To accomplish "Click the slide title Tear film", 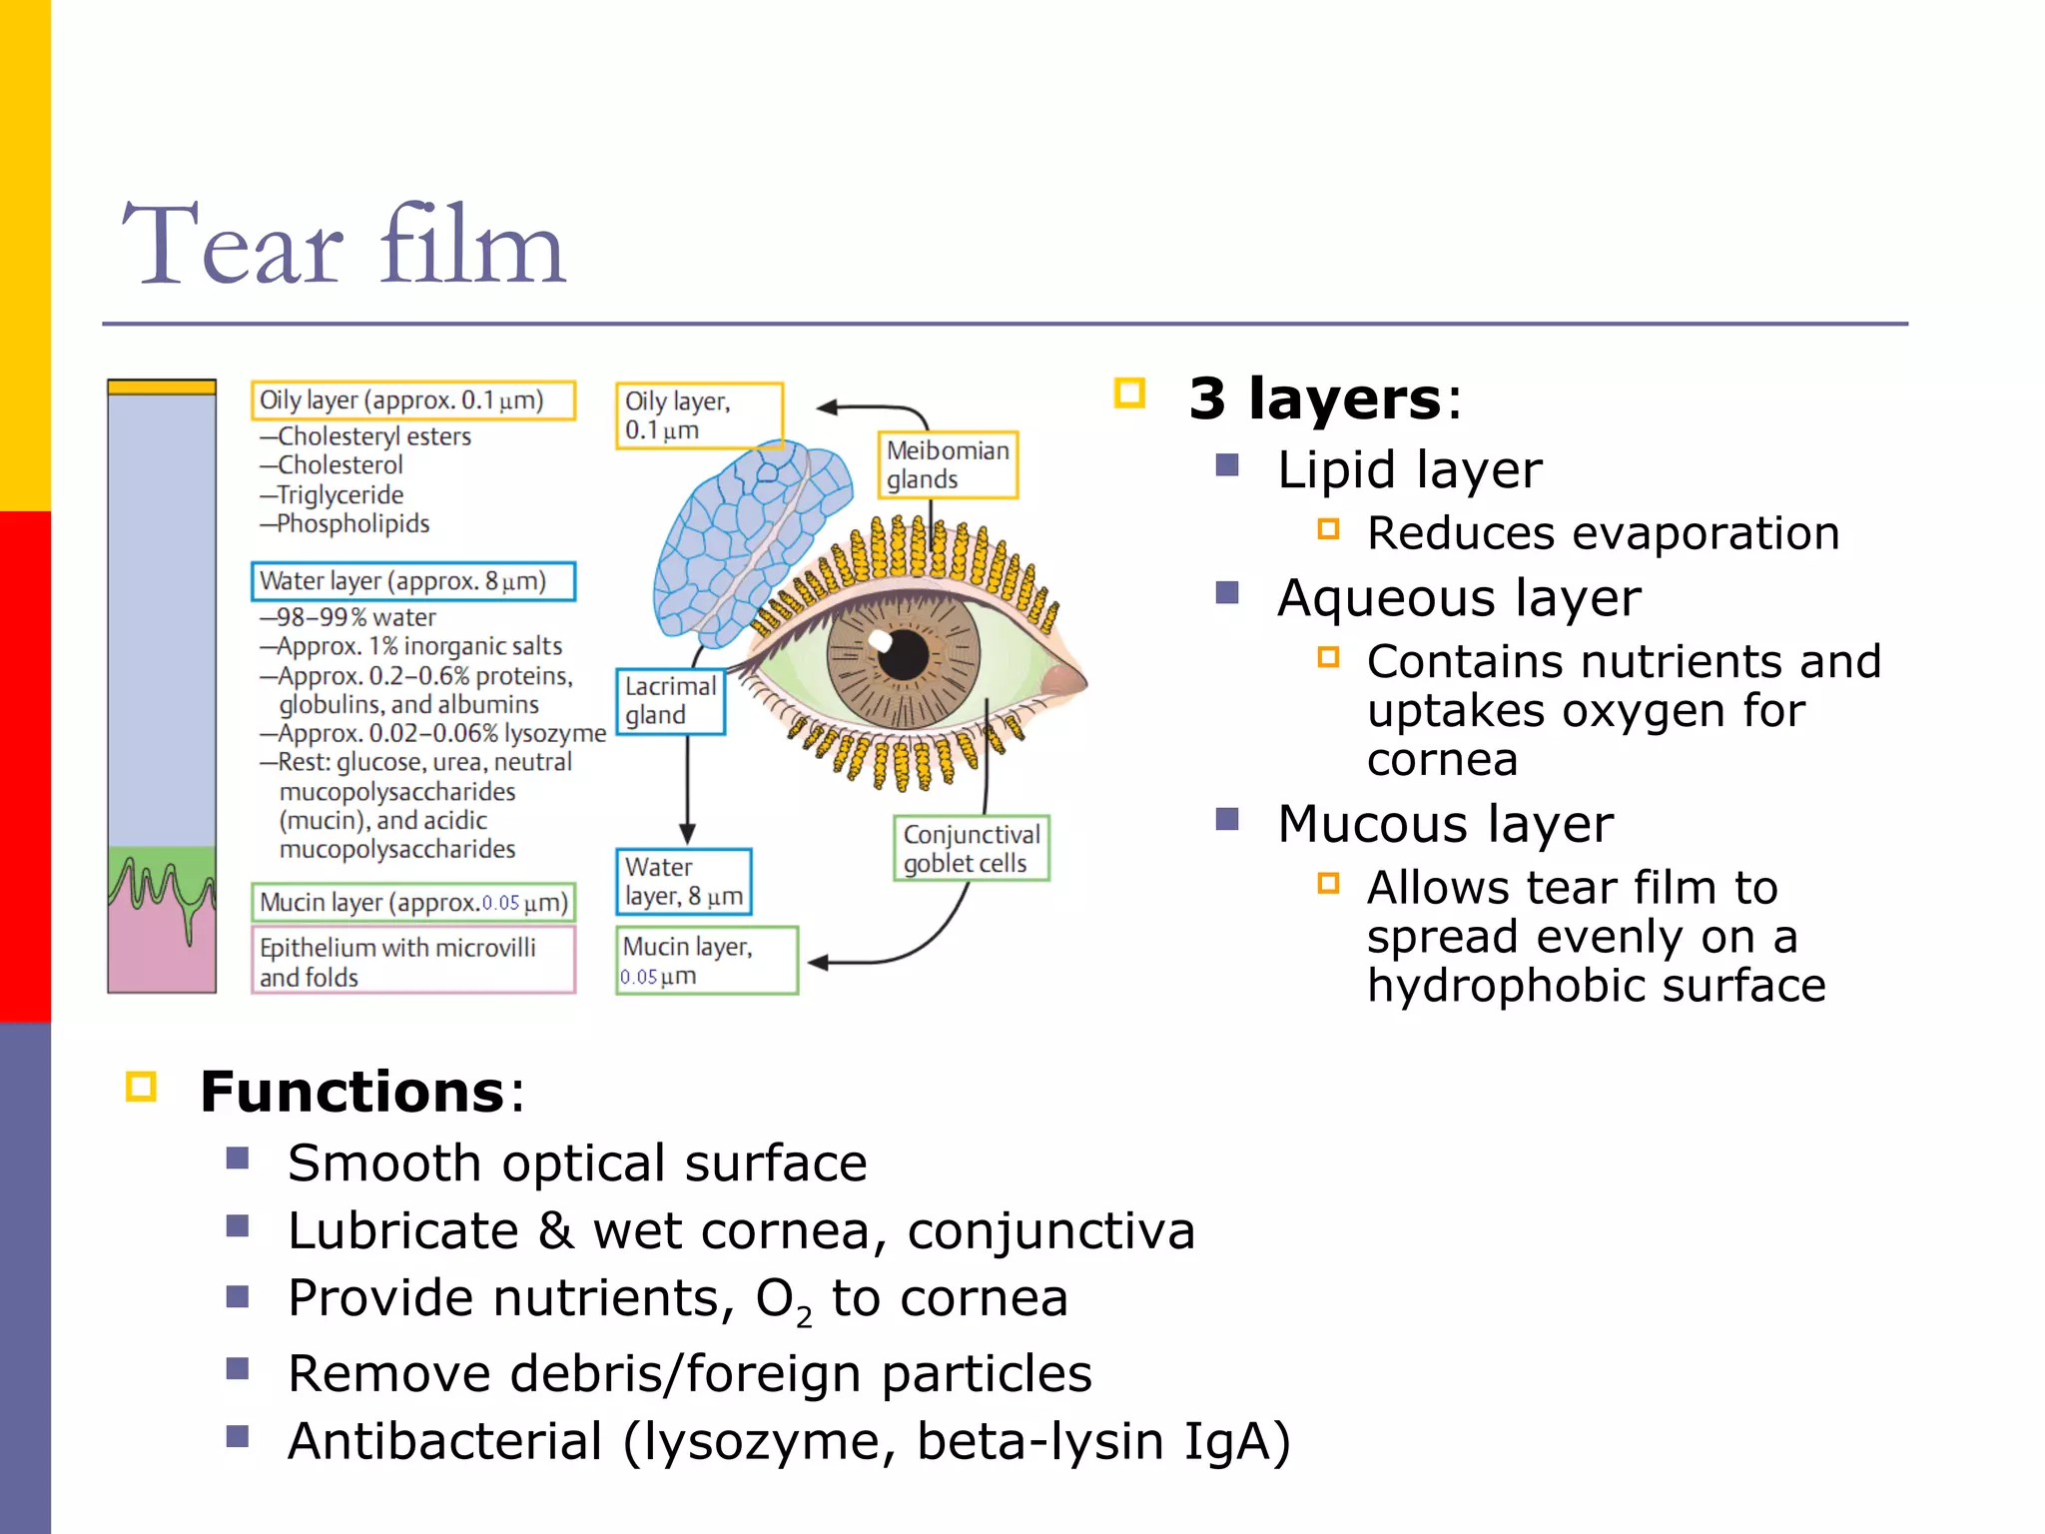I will point(343,246).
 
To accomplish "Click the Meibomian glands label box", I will point(947,464).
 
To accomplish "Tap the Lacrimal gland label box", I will point(670,701).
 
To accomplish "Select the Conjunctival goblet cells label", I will point(971,848).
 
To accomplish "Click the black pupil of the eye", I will point(905,654).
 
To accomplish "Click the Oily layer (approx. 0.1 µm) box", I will point(412,400).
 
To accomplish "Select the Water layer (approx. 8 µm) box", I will point(412,581).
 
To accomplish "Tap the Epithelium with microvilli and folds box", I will point(412,961).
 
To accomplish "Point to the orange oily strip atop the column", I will point(162,387).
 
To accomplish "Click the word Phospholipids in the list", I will point(353,523).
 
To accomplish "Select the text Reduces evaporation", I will point(1602,533).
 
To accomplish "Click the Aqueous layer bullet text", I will point(1458,598).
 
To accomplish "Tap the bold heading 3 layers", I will point(1314,398).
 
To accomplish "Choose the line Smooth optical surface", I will point(577,1162).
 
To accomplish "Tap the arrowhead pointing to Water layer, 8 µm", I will point(687,834).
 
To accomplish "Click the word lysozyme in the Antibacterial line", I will point(766,1441).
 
